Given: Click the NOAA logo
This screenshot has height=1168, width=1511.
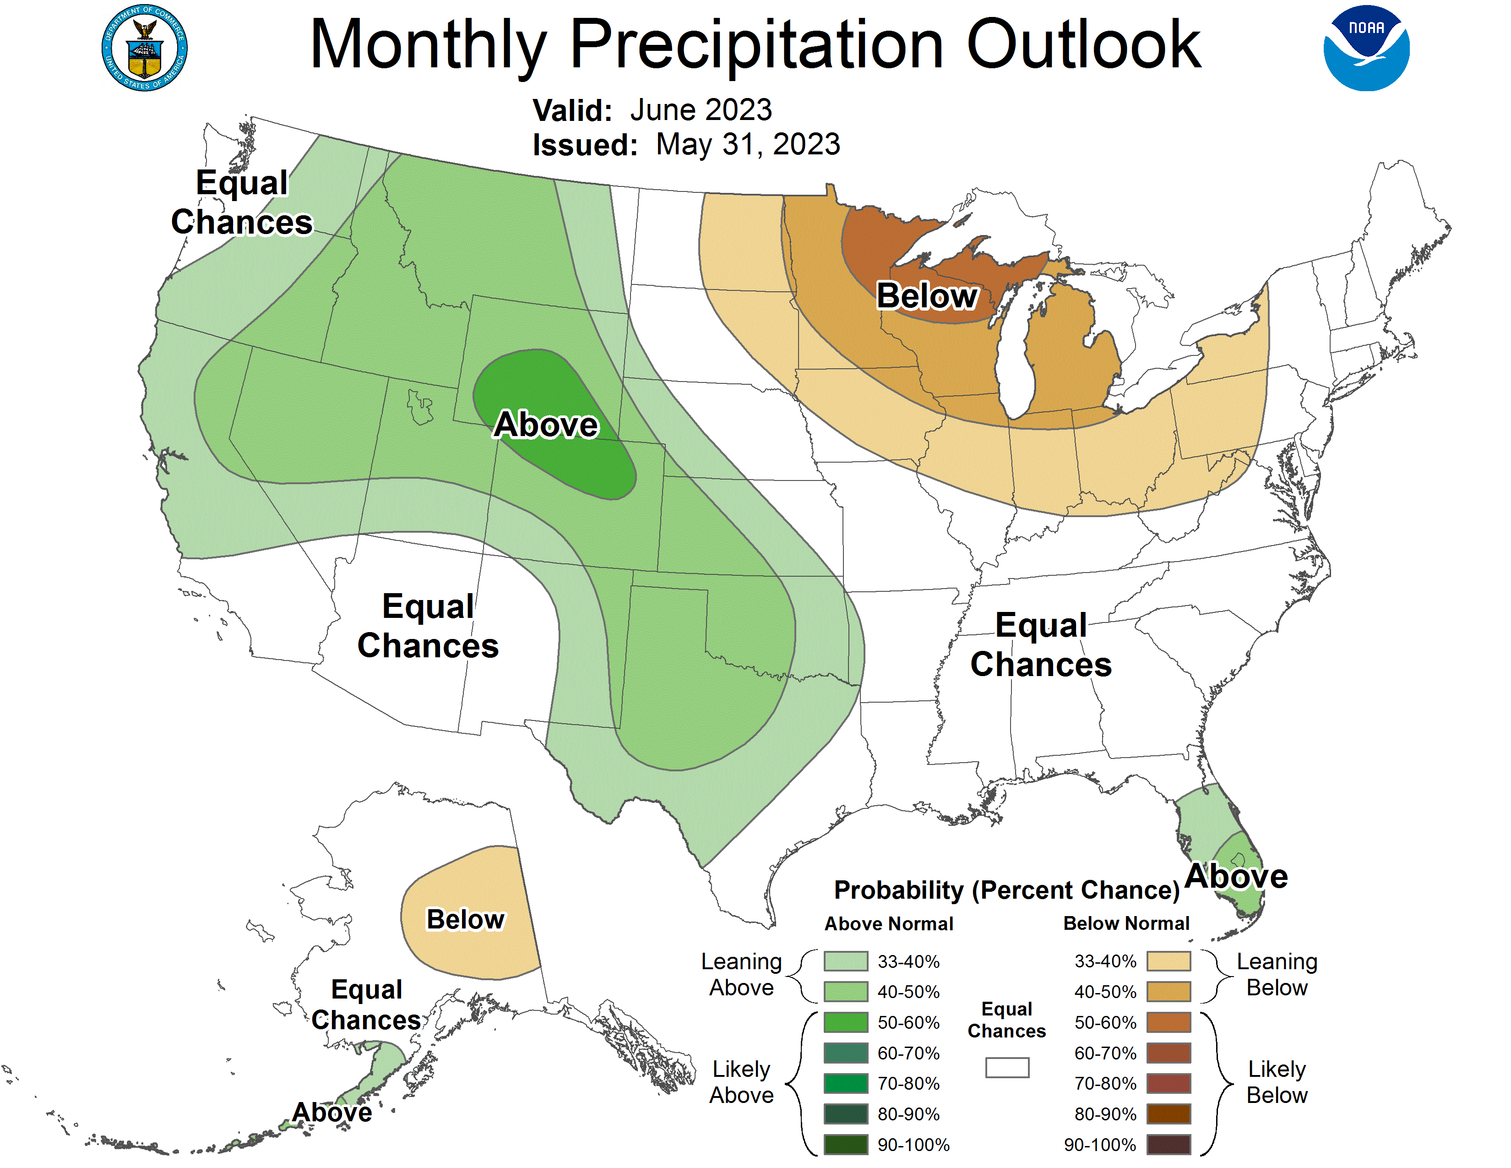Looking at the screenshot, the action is point(1366,48).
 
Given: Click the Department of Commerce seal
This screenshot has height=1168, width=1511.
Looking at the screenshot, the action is point(144,48).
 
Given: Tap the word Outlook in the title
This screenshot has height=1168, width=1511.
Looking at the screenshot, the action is point(1083,44).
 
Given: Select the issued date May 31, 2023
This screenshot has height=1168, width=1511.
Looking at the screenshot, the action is point(748,145).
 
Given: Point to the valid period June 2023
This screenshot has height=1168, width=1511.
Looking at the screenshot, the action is point(701,110).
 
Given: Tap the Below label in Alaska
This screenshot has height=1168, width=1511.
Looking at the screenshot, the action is point(466,920).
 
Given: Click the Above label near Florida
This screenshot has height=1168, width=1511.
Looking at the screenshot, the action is point(1236,876).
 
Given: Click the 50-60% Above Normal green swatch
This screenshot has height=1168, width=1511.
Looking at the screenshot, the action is point(845,1022).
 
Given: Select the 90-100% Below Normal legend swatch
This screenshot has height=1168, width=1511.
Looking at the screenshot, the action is point(1169,1145).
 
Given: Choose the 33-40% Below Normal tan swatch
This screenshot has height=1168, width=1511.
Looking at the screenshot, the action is point(1169,961).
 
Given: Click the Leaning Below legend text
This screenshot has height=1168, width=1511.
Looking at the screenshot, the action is point(1277,974).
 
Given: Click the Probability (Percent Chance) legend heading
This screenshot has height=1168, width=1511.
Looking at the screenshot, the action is point(1006,890).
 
